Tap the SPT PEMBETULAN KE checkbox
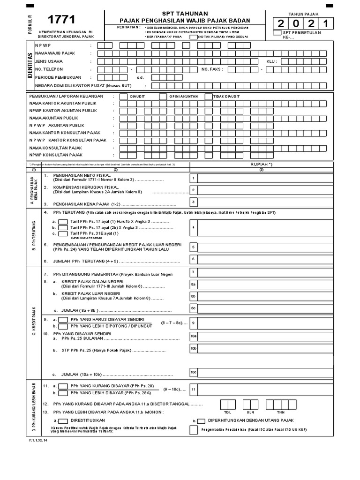coord(277,32)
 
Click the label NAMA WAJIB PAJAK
coord(49,53)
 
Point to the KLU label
coord(271,61)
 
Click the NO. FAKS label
coord(212,69)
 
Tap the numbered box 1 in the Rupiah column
coord(193,178)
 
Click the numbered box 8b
coord(193,296)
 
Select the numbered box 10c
coord(193,372)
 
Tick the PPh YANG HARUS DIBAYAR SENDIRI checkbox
coord(63,319)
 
